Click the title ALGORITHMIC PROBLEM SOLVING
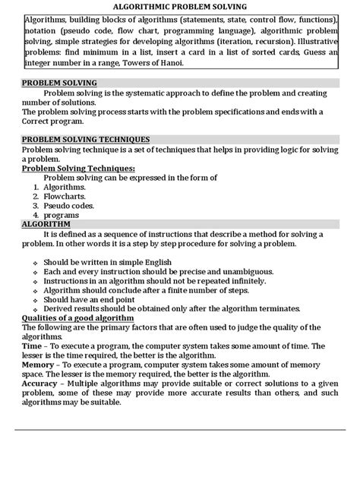pyautogui.click(x=180, y=6)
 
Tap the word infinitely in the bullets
pyautogui.click(x=247, y=280)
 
